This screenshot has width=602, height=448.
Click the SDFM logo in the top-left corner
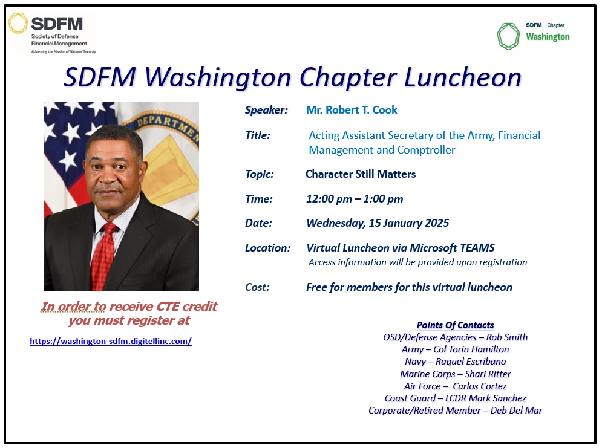(51, 33)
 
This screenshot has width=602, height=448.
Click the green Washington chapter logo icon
(508, 36)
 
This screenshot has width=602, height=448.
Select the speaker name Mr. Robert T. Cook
(352, 110)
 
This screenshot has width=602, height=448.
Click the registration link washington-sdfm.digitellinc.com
(111, 341)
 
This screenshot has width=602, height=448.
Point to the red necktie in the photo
(104, 255)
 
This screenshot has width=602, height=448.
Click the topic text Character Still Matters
(361, 174)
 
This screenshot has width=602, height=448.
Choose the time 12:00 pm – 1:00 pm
(355, 199)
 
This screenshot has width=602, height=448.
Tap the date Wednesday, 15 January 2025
(378, 223)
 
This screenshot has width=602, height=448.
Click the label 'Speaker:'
(266, 110)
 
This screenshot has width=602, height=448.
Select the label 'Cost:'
(257, 287)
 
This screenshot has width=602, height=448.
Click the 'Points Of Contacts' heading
(455, 325)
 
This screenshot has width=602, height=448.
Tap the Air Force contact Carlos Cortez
(479, 386)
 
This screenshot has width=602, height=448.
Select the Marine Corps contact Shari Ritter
(488, 374)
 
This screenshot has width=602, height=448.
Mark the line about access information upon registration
(417, 262)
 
